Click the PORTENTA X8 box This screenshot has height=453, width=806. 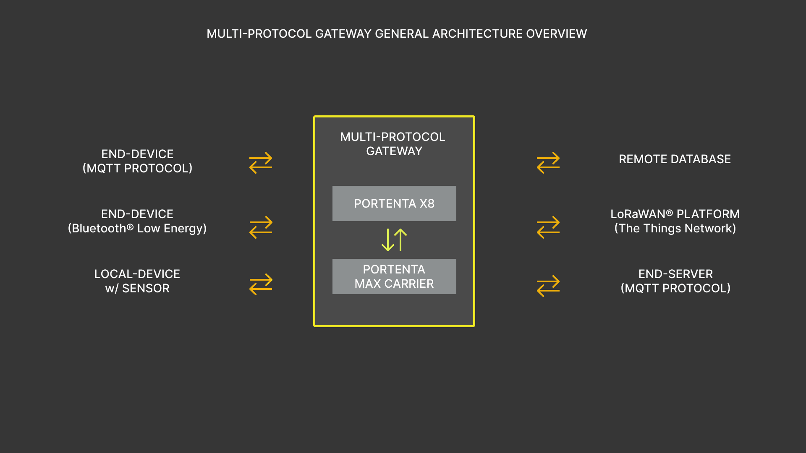tap(394, 203)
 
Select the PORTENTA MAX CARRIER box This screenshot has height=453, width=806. tap(394, 276)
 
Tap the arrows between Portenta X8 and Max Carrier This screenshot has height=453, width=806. tap(394, 240)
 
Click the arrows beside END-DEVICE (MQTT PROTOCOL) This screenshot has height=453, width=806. tap(261, 163)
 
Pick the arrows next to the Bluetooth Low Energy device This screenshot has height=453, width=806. tap(261, 227)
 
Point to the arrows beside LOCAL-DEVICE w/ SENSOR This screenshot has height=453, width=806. tap(261, 284)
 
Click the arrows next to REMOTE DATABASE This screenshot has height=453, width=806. tap(548, 163)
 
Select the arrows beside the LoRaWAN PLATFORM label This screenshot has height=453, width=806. tap(548, 227)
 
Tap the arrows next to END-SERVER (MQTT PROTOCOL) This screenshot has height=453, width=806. tap(548, 286)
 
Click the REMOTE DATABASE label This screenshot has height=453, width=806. tap(675, 159)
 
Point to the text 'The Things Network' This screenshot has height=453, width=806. tap(675, 229)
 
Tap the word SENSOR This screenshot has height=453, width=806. tap(146, 289)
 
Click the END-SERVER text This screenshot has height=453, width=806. tap(675, 274)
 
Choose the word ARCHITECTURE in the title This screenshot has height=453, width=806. tap(478, 34)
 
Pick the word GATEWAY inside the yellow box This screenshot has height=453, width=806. tap(394, 151)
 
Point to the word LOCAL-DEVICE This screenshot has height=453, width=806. tap(137, 274)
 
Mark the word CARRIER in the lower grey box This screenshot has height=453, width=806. tap(409, 284)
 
